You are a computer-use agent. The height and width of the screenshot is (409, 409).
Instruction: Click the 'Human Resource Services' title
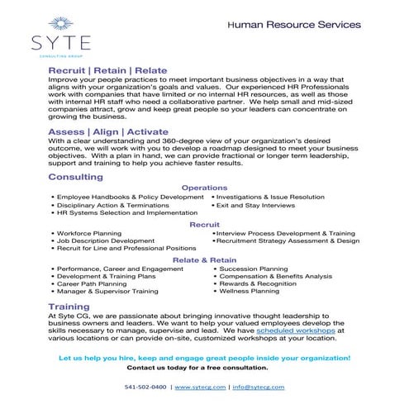tap(293, 25)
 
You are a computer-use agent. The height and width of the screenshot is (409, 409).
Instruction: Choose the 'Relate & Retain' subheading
tap(204, 260)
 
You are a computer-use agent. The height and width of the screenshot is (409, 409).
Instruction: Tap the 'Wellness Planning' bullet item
tap(251, 292)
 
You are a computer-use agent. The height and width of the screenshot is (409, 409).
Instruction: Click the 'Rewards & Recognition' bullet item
tap(259, 284)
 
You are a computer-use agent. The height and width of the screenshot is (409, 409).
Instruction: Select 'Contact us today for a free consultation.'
tap(204, 366)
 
